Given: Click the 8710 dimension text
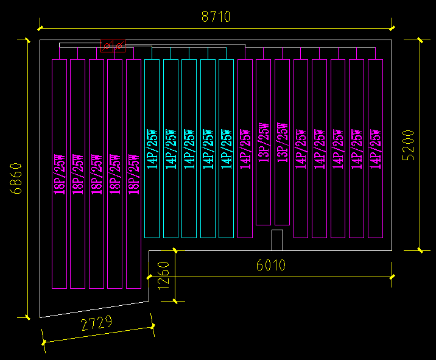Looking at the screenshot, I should click(x=216, y=16).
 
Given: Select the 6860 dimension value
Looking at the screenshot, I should click(x=17, y=178).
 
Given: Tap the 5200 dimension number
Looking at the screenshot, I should click(x=409, y=145).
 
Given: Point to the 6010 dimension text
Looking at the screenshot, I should click(x=270, y=265).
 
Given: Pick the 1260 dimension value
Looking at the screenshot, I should click(x=163, y=276).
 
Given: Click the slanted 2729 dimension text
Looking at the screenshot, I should click(x=96, y=323).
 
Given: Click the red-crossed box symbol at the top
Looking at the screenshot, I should click(x=113, y=46).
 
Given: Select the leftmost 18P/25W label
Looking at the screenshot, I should click(x=60, y=174).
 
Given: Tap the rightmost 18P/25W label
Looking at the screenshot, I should click(x=134, y=174).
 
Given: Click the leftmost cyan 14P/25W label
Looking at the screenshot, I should click(x=152, y=149).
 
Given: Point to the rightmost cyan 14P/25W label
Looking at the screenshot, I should click(x=226, y=149).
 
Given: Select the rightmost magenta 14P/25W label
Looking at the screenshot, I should click(x=376, y=149).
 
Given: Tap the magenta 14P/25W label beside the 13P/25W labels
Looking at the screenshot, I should click(x=245, y=149).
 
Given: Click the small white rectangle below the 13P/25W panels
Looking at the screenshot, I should click(x=277, y=240).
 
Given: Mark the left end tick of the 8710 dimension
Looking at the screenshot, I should click(x=40, y=27).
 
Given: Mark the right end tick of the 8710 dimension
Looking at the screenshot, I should click(x=392, y=27).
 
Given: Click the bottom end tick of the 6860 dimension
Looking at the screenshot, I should click(x=27, y=317).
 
